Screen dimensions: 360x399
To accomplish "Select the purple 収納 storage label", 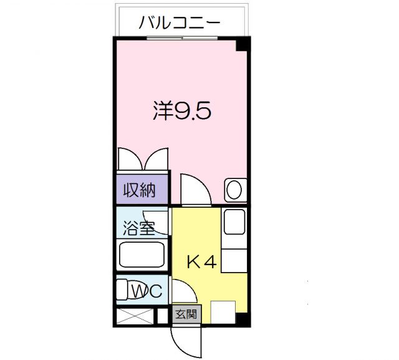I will (x=141, y=188).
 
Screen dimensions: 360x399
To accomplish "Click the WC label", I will (x=148, y=290).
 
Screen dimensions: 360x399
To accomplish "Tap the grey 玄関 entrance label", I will (x=185, y=314).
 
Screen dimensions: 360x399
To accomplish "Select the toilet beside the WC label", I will (x=125, y=290).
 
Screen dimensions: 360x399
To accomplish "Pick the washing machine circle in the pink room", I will (x=234, y=190).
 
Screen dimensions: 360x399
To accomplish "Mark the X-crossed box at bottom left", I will (x=133, y=316).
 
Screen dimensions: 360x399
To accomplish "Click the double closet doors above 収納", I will (x=143, y=158).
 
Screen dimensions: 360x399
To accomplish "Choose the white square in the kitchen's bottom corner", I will (x=223, y=312).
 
